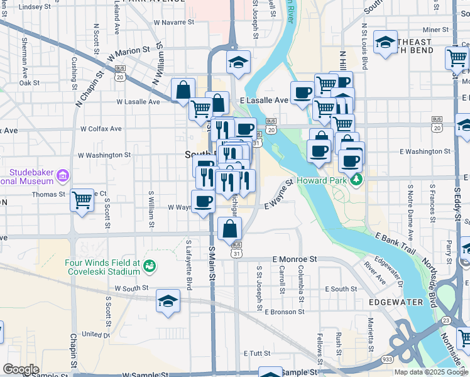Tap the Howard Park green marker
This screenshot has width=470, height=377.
click(x=357, y=180)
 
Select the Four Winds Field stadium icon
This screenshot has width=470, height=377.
click(x=149, y=266)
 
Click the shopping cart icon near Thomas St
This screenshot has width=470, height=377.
click(x=82, y=200)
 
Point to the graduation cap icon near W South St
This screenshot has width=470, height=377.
click(x=168, y=301)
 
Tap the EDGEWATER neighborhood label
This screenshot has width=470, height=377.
click(x=398, y=302)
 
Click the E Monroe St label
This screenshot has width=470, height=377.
click(x=294, y=259)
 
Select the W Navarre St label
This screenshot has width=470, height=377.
click(x=174, y=22)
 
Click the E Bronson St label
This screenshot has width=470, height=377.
click(x=285, y=312)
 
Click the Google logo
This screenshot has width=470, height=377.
click(x=21, y=369)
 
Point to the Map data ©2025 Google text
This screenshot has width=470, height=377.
click(x=430, y=372)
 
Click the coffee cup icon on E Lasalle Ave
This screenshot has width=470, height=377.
click(x=302, y=92)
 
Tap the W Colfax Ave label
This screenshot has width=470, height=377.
click(x=101, y=129)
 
